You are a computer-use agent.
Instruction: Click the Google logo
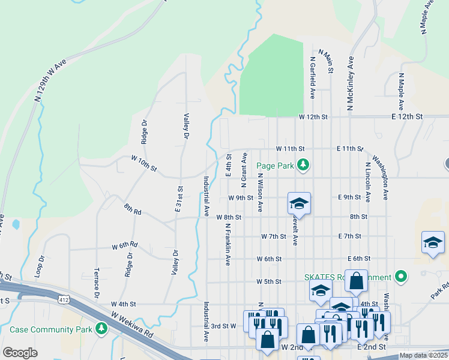pos(20,353)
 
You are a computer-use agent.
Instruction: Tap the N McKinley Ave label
pos(349,84)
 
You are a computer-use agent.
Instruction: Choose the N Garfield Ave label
pos(313,78)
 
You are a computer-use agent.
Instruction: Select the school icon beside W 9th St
pos(299,204)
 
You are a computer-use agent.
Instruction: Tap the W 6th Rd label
pos(125,246)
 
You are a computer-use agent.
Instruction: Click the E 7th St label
pos(350,236)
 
